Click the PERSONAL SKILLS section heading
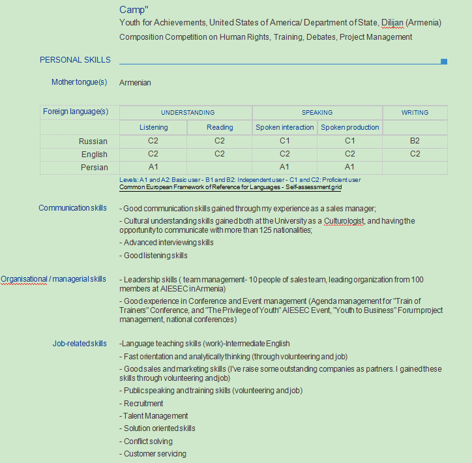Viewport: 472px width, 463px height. (x=75, y=60)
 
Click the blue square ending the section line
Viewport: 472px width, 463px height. (x=444, y=61)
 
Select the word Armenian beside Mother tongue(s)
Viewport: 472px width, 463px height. (x=135, y=83)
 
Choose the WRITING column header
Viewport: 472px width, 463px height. (x=415, y=112)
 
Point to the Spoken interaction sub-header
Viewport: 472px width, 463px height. (x=284, y=127)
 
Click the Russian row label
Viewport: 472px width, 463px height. (x=93, y=141)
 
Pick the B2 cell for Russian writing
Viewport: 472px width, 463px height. (x=415, y=141)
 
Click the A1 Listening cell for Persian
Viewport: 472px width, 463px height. (x=153, y=167)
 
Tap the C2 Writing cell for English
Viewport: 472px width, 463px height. (x=415, y=154)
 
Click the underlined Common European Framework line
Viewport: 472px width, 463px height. (x=230, y=187)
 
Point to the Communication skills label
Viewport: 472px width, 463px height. (x=72, y=208)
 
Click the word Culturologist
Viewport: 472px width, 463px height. (x=344, y=221)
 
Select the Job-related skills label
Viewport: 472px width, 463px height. (x=80, y=344)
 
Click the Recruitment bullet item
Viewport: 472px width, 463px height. (x=143, y=404)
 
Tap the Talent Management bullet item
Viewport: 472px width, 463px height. (x=156, y=416)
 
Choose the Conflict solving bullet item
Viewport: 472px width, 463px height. (x=148, y=441)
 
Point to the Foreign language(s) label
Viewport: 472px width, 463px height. (x=76, y=112)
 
